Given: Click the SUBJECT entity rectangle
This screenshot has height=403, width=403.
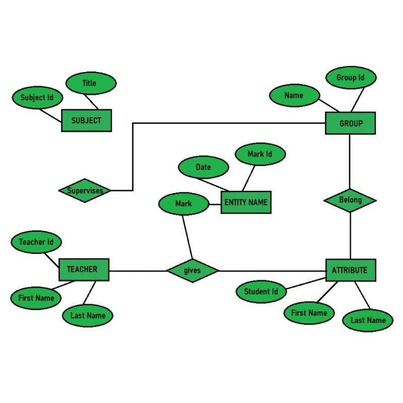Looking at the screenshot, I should tap(86, 121).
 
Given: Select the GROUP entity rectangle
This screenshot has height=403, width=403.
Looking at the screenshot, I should tap(350, 123).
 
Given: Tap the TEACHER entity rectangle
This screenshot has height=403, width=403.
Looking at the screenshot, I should tap(84, 270).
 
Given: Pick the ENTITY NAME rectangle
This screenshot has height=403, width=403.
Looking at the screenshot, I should tap(246, 203).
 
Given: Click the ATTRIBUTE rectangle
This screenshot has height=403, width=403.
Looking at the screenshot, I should tap(350, 270).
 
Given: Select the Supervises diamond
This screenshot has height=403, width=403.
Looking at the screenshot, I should tap(85, 190).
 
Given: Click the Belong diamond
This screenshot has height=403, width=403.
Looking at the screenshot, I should tap(350, 200).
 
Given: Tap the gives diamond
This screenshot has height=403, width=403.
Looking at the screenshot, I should tap(192, 271).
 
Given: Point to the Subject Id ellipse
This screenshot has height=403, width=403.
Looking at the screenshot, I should tap(37, 97).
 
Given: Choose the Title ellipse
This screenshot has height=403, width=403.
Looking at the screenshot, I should tap(91, 83).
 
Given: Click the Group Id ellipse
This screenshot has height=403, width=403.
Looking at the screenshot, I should tap(350, 78).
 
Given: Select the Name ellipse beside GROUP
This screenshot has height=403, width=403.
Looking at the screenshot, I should tap(294, 96).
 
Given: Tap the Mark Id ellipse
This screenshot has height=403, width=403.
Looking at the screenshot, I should tap(260, 154).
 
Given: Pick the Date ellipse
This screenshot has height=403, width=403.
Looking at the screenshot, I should tap(203, 167).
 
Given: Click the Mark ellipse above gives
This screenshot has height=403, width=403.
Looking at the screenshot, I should tap(183, 204).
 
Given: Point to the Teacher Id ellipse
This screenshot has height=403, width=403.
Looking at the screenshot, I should tap(36, 242).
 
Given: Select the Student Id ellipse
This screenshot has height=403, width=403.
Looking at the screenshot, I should tap(261, 292).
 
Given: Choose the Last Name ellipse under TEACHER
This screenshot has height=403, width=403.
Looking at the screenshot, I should tap(88, 316).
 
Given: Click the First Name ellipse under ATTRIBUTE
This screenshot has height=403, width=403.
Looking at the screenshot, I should tap(309, 313).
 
